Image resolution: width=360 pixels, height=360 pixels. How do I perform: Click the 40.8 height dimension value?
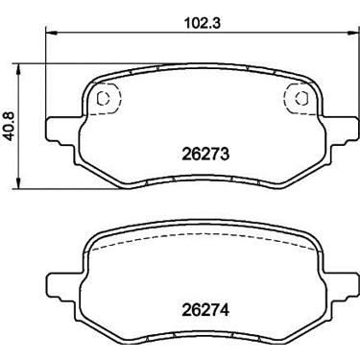(x=9, y=126)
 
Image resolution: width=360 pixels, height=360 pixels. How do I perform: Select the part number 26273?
(x=205, y=155)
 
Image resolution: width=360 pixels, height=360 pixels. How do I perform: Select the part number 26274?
(x=205, y=310)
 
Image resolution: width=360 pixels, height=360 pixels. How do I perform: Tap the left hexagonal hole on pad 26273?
(x=103, y=98)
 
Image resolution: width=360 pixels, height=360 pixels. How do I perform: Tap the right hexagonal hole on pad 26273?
(x=301, y=98)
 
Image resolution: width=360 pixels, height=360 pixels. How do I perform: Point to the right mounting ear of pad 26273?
(x=343, y=132)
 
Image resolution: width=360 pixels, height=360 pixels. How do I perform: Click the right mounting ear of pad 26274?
(x=343, y=287)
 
